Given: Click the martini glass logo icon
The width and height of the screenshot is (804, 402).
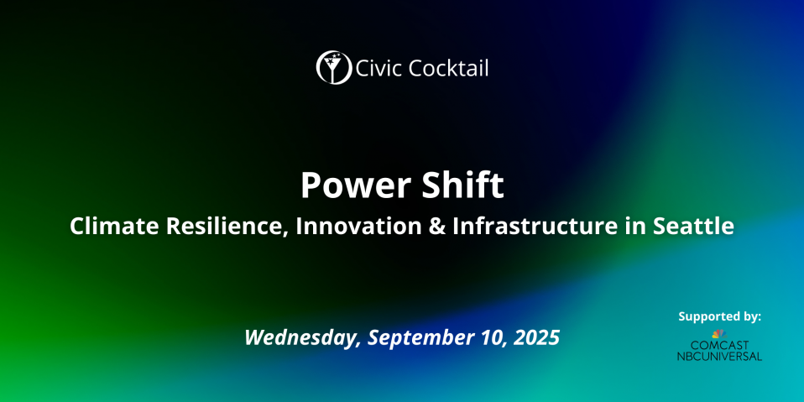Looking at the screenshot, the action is [334, 67].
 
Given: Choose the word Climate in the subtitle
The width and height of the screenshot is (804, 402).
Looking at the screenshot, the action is [114, 227].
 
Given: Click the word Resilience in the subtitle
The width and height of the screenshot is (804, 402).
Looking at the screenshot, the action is [227, 227].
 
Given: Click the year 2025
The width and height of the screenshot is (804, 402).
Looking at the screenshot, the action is [539, 337].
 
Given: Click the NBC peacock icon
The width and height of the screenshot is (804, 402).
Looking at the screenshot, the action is [719, 334].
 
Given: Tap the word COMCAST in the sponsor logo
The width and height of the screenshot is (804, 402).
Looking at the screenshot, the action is [719, 345].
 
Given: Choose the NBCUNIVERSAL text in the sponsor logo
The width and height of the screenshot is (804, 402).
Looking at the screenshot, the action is [719, 356].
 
